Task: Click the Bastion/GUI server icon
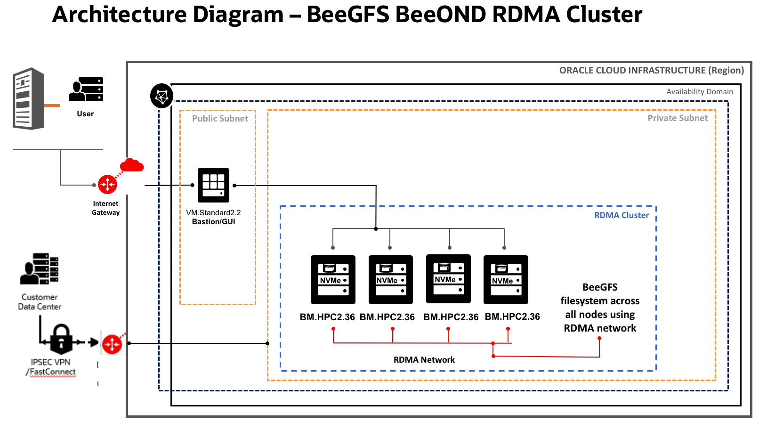213,185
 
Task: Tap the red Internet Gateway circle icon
107,184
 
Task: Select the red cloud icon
132,165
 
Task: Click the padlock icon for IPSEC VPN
61,339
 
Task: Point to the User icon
86,89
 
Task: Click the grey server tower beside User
29,99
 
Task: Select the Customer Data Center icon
40,269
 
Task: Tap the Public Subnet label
220,119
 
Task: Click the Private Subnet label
677,118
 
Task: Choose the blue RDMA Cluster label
621,215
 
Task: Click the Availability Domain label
699,92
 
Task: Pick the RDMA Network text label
424,360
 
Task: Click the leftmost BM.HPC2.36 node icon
333,280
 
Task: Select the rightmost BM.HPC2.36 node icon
506,280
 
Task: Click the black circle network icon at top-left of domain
161,96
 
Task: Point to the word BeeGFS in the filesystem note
599,287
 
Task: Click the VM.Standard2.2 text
213,213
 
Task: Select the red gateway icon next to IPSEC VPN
112,344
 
